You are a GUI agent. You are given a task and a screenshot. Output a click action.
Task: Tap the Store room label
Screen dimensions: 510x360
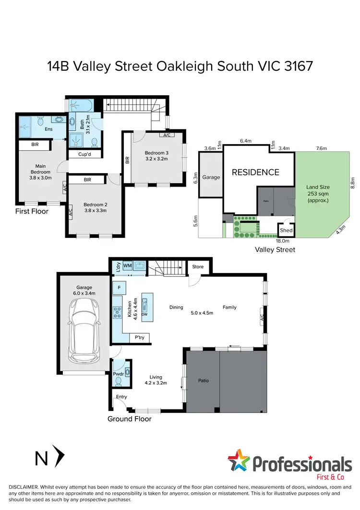point(198,267)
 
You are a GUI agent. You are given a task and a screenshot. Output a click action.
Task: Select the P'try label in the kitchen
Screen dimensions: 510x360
point(140,337)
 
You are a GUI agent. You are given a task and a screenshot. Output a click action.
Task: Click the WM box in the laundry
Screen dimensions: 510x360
point(127,265)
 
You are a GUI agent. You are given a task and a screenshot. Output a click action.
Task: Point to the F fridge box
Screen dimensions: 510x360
point(118,288)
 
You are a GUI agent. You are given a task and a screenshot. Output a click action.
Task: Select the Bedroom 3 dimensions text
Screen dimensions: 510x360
point(155,158)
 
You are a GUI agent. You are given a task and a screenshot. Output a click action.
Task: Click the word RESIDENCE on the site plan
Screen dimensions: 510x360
point(256,172)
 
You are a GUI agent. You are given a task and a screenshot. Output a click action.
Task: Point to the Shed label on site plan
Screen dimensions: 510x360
point(286,230)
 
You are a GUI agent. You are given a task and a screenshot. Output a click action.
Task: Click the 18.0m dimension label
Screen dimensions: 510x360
point(283,241)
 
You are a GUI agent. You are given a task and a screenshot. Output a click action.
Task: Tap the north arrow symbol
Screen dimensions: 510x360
point(60,457)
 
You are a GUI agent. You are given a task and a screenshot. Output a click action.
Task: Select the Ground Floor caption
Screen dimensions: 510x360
point(130,419)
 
